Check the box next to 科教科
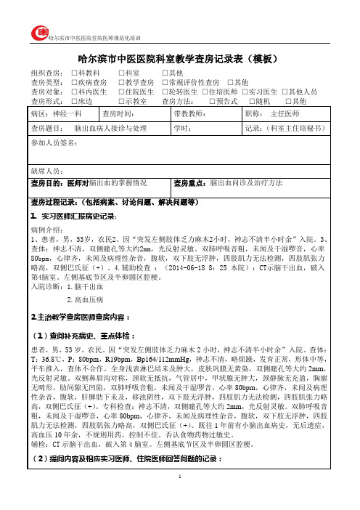pos(75,74)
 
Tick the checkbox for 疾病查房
pos(75,84)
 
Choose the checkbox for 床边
pos(75,101)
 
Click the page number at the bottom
pos(180,494)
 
